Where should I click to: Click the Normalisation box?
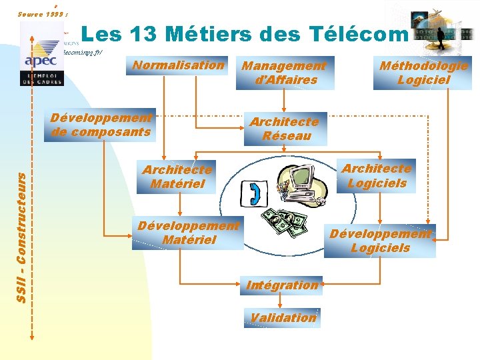178,65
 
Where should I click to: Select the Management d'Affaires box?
284,73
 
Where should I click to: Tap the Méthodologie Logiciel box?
423,73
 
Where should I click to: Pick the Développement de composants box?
102,125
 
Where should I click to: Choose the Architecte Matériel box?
177,177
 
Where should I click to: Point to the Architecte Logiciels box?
377,176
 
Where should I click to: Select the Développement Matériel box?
188,233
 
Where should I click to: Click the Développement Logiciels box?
380,241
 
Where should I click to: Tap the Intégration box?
282,285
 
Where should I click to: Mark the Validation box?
283,318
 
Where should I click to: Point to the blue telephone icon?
255,193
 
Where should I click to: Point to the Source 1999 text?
40,13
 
